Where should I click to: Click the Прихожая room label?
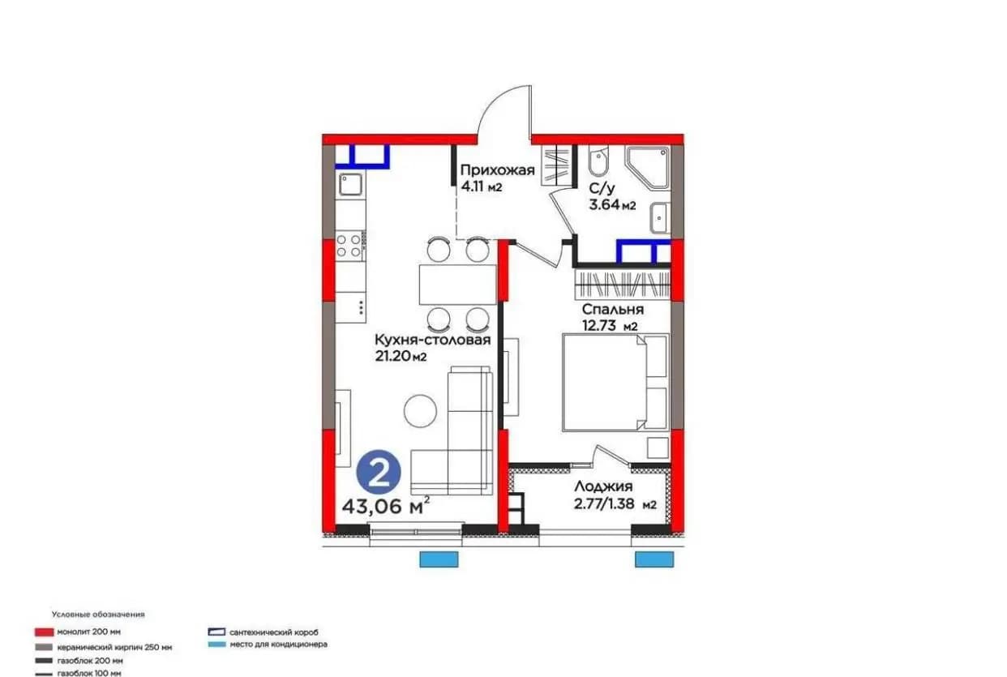pyautogui.click(x=498, y=170)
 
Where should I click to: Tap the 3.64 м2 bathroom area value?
pyautogui.click(x=612, y=205)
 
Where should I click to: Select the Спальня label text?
pyautogui.click(x=613, y=309)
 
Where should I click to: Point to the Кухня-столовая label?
pyautogui.click(x=432, y=340)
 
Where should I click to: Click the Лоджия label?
pyautogui.click(x=603, y=486)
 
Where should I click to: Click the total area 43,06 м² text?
pyautogui.click(x=386, y=506)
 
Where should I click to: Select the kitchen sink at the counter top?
pyautogui.click(x=350, y=184)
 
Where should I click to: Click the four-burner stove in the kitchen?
pyautogui.click(x=349, y=246)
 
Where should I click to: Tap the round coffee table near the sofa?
pyautogui.click(x=420, y=411)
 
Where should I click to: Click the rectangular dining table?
pyautogui.click(x=457, y=285)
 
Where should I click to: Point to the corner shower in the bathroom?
pyautogui.click(x=648, y=167)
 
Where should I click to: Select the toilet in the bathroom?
pyautogui.click(x=598, y=163)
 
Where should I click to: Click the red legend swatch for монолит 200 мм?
pyautogui.click(x=44, y=632)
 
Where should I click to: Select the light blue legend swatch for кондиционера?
pyautogui.click(x=216, y=645)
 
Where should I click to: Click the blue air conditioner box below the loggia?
pyautogui.click(x=654, y=559)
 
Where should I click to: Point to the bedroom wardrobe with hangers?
pyautogui.click(x=622, y=285)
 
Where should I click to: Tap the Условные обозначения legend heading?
pyautogui.click(x=98, y=614)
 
